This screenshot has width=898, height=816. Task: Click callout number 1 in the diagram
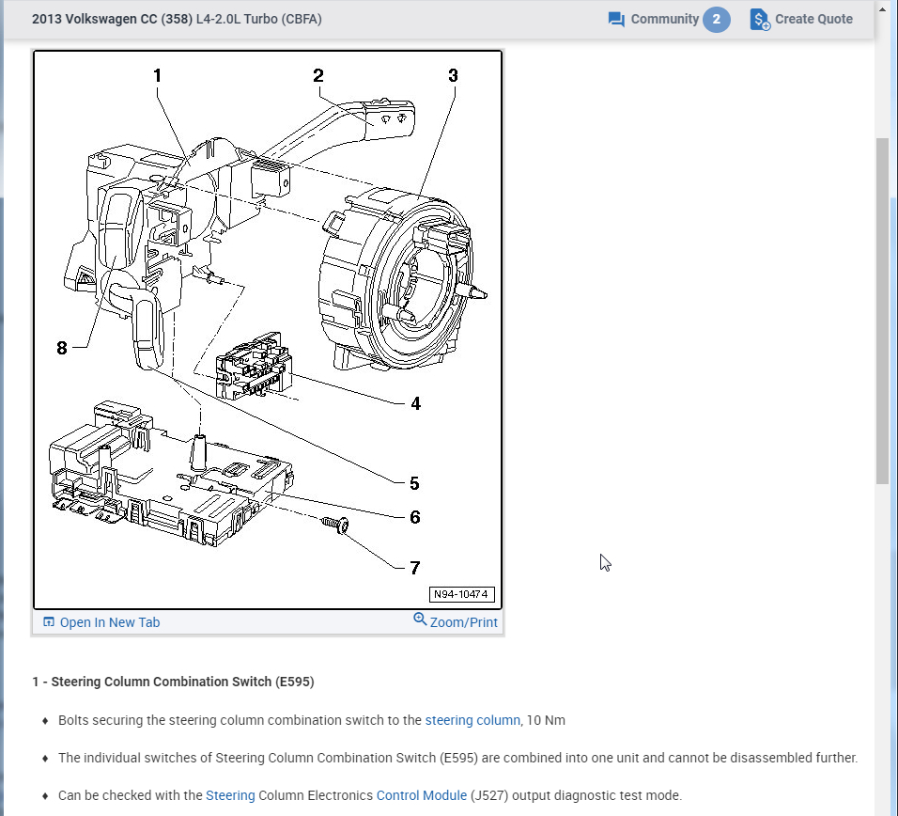(x=157, y=75)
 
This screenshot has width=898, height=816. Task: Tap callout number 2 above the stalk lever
(x=318, y=75)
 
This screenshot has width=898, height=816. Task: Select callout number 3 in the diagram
(x=453, y=75)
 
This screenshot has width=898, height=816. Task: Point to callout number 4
(x=415, y=403)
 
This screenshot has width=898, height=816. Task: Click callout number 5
(x=414, y=483)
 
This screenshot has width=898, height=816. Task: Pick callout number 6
(x=414, y=516)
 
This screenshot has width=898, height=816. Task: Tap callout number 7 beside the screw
(x=414, y=567)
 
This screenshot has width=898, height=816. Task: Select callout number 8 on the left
(x=62, y=347)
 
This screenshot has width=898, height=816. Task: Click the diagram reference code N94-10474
(x=461, y=594)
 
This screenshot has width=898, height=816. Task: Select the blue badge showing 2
(x=717, y=19)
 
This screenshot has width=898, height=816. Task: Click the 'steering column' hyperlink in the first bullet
(x=472, y=720)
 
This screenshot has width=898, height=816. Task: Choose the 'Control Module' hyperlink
(x=422, y=795)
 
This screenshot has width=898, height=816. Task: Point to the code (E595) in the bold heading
(x=295, y=682)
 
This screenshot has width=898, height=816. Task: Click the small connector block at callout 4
(x=252, y=369)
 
